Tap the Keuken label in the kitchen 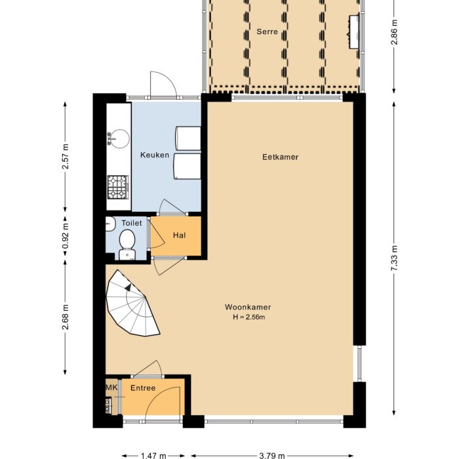pyautogui.click(x=155, y=155)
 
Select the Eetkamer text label pyautogui.click(x=280, y=157)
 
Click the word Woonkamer pyautogui.click(x=248, y=307)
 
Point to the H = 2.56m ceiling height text pyautogui.click(x=248, y=317)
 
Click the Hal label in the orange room pyautogui.click(x=180, y=235)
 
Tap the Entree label pyautogui.click(x=143, y=388)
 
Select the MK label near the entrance pyautogui.click(x=111, y=388)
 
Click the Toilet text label pyautogui.click(x=131, y=223)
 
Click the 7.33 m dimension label pyautogui.click(x=394, y=259)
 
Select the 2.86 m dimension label pyautogui.click(x=394, y=33)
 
